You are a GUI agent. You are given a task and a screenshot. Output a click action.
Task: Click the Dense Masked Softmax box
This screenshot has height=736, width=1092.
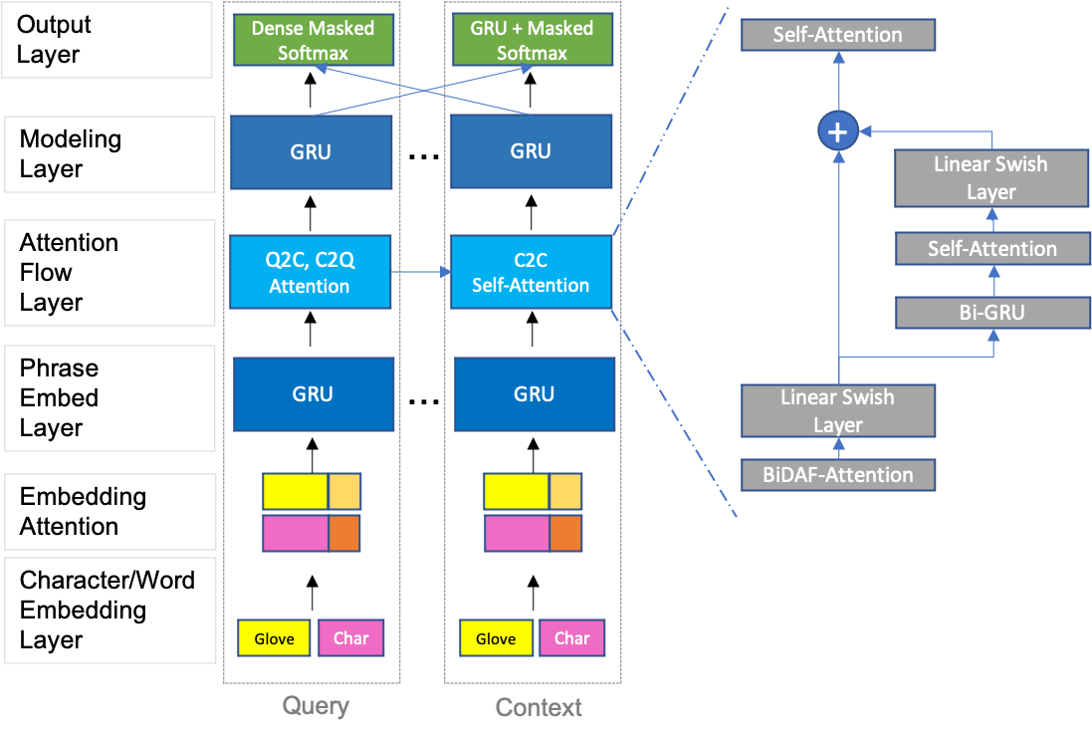pyautogui.click(x=313, y=41)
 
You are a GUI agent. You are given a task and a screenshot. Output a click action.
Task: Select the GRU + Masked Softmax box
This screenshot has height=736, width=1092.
pyautogui.click(x=532, y=41)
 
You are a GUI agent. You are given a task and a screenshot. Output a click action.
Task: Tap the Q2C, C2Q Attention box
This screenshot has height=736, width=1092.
pyautogui.click(x=310, y=272)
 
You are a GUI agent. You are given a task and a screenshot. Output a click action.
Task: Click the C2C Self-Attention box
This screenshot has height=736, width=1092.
pyautogui.click(x=531, y=272)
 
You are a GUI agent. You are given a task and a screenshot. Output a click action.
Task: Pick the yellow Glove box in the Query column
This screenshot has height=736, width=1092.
pyautogui.click(x=274, y=638)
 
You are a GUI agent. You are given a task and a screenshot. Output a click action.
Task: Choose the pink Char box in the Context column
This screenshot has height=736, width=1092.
pyautogui.click(x=572, y=638)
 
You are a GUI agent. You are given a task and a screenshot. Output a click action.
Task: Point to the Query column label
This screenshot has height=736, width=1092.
pyautogui.click(x=316, y=706)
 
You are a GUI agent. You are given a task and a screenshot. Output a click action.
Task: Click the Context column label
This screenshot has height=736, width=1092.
pyautogui.click(x=539, y=707)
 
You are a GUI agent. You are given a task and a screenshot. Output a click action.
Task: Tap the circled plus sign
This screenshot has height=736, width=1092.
pyautogui.click(x=838, y=130)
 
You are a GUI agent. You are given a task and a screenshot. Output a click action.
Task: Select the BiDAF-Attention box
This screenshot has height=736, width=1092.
pyautogui.click(x=838, y=474)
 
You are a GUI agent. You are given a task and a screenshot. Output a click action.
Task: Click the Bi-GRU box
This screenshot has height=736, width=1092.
pyautogui.click(x=992, y=313)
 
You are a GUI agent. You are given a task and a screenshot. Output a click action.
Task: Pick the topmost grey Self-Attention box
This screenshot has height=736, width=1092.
pyautogui.click(x=838, y=35)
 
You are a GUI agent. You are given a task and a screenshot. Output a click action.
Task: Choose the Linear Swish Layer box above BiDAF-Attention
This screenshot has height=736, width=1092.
pyautogui.click(x=838, y=410)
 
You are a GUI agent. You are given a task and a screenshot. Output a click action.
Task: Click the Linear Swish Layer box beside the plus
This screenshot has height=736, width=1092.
pyautogui.click(x=991, y=177)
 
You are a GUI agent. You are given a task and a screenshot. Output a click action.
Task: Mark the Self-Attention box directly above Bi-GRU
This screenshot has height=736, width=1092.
pyautogui.click(x=992, y=249)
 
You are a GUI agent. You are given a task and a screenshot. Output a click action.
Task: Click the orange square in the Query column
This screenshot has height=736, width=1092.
pyautogui.click(x=344, y=533)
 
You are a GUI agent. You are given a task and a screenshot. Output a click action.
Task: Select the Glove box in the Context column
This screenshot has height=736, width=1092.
pyautogui.click(x=496, y=638)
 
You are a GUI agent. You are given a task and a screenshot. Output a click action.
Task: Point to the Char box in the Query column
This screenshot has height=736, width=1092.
pyautogui.click(x=350, y=638)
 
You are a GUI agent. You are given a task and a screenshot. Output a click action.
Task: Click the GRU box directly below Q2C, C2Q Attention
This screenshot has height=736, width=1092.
pyautogui.click(x=314, y=393)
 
